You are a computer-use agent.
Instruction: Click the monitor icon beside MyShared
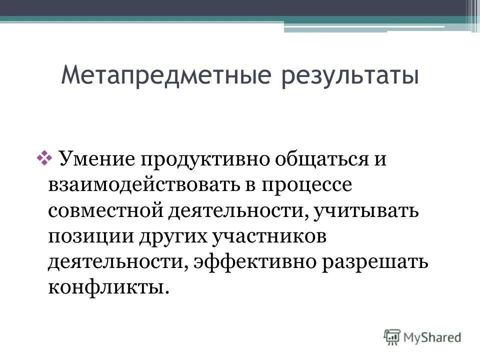[392, 337]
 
